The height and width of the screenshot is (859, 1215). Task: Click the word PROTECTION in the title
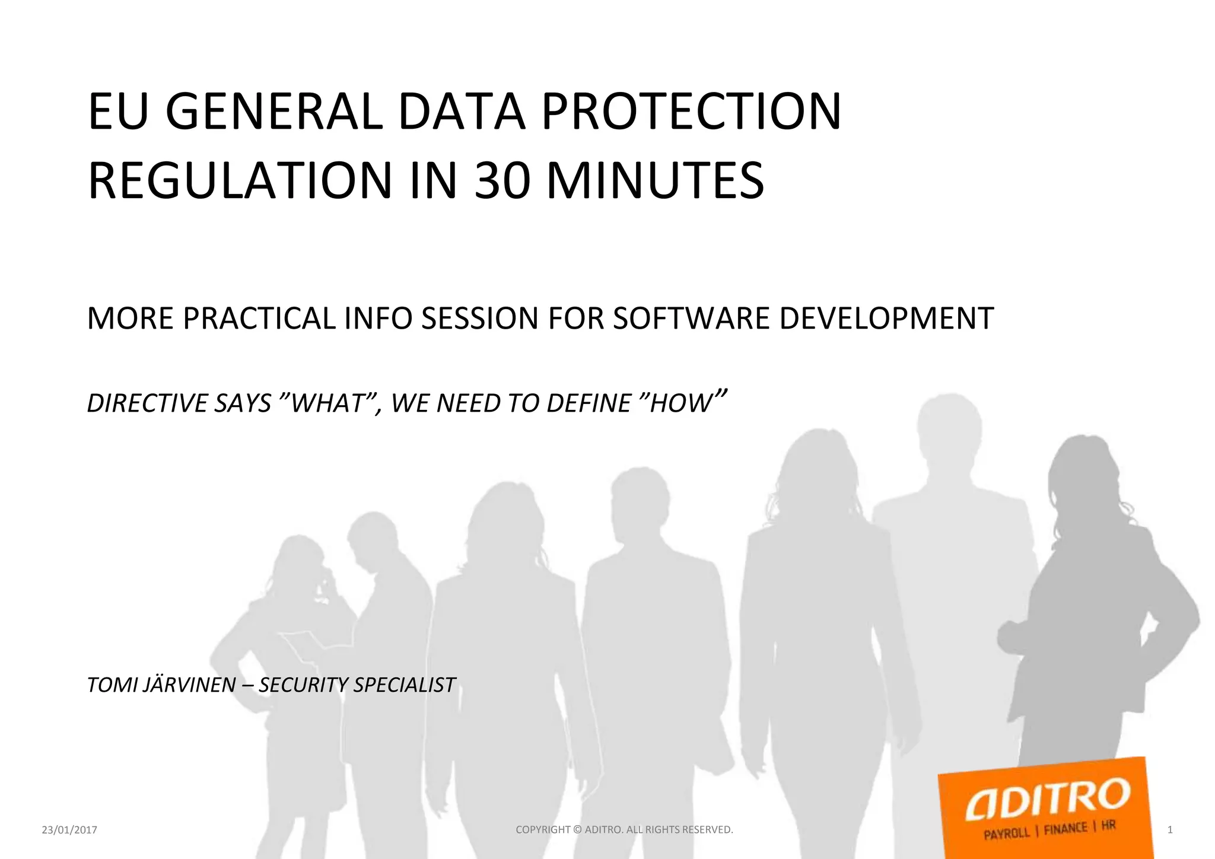[x=691, y=112]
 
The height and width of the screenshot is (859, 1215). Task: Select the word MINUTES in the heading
[x=655, y=180]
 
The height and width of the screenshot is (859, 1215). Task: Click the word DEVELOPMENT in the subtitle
[x=886, y=319]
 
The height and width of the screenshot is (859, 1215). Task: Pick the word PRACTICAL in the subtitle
[x=259, y=319]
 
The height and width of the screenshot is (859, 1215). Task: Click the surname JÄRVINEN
[x=190, y=685]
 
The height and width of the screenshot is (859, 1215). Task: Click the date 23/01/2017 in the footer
[x=69, y=830]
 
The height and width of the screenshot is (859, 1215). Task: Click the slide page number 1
[x=1169, y=830]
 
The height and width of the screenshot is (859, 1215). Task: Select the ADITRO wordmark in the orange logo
[x=1047, y=798]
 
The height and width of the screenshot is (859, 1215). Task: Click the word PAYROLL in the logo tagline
[x=1006, y=833]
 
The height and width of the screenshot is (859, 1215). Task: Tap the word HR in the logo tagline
[x=1108, y=826]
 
